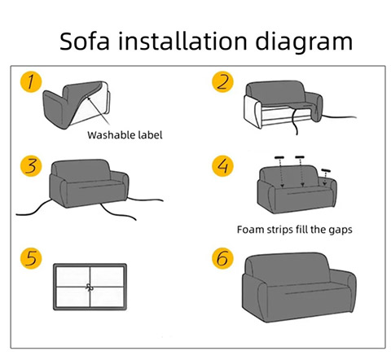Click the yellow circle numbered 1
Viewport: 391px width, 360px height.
[x=31, y=81]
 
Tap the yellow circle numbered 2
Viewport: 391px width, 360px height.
[x=222, y=81]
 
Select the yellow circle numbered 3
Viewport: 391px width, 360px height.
[x=31, y=166]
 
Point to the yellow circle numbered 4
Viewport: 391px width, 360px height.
[x=222, y=166]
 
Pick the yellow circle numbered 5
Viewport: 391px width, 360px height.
[x=31, y=258]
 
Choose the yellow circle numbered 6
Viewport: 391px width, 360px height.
[x=222, y=258]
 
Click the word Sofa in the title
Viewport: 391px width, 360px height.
[x=85, y=41]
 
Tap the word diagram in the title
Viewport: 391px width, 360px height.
[x=304, y=42]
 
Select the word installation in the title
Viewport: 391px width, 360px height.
[x=182, y=41]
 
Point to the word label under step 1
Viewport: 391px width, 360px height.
[x=150, y=135]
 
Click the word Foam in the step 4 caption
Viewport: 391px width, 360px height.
[x=250, y=230]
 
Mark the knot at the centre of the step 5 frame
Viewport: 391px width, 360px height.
[x=90, y=287]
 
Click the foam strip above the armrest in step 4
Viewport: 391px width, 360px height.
[x=326, y=170]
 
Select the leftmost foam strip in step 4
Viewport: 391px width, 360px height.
[x=279, y=157]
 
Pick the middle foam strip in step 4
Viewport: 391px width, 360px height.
[x=300, y=157]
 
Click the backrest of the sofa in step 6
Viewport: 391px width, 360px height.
[x=288, y=269]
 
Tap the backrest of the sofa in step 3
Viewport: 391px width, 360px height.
[x=81, y=170]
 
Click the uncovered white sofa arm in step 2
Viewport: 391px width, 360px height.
[x=253, y=112]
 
